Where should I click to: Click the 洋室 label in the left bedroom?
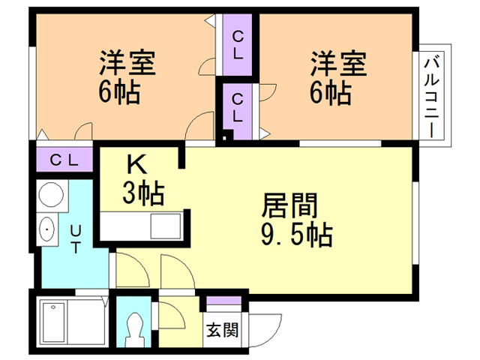pos(127,64)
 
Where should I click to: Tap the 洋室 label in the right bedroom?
pos(338,64)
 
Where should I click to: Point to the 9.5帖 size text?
pos(298,236)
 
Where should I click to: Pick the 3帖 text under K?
pos(143,194)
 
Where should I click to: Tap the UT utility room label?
pos(76,240)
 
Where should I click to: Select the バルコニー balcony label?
pos(432,95)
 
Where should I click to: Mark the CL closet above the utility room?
pos(64,159)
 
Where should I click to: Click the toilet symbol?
pos(136,327)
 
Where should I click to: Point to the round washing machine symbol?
pos(49,196)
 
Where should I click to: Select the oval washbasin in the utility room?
pos(48,229)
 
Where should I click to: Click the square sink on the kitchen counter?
pos(164,226)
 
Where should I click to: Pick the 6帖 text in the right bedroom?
pos(331,94)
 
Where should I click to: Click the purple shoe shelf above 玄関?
pos(223,304)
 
